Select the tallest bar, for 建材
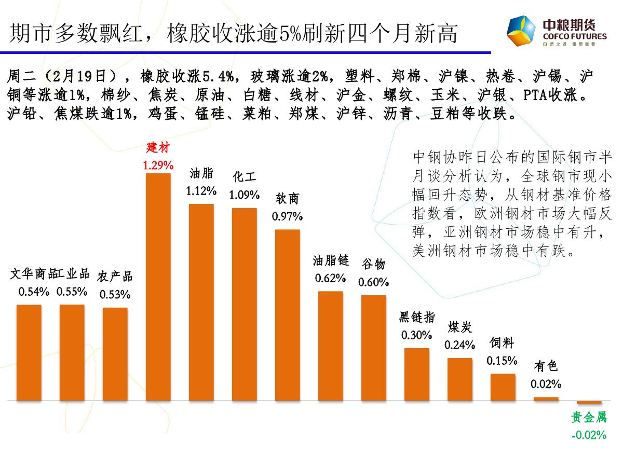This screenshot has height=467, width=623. coord(158,287)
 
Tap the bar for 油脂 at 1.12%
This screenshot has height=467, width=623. coord(201,303)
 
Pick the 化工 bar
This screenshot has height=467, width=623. coord(244,305)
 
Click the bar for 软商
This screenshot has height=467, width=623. coord(287,315)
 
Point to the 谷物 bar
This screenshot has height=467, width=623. coord(374,348)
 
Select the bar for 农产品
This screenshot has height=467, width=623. coord(115,354)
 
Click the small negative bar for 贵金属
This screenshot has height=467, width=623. coord(589,403)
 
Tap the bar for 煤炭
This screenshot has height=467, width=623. coord(460,379)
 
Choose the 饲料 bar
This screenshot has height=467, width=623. coord(503,387)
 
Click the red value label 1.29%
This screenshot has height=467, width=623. coord(158,166)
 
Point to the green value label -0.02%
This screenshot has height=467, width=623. coord(589,435)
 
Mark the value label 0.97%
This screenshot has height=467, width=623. coord(287,216)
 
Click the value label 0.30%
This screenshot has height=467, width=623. coord(416,335)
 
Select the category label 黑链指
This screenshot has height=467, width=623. coord(416,317)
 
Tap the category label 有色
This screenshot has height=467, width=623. coord(546,366)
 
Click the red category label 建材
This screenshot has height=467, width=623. coord(158,148)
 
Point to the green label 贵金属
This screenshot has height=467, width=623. coord(589,418)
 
